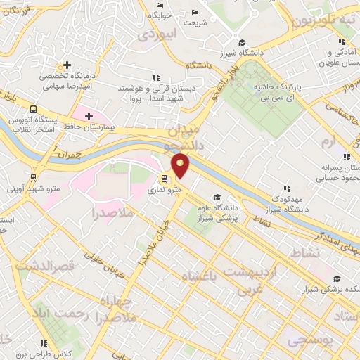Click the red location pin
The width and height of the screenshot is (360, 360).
(181, 167)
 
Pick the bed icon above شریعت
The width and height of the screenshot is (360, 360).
(195, 13)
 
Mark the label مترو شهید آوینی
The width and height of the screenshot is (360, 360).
(30, 188)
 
